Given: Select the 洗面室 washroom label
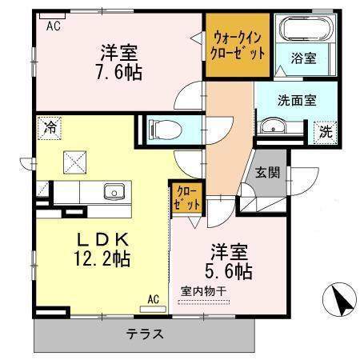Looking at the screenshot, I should [x=298, y=102].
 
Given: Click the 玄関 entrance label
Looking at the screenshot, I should [x=267, y=172].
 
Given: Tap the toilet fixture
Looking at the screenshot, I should [x=161, y=126].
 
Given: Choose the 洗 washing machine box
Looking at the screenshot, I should [x=326, y=130].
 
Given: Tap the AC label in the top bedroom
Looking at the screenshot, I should [x=54, y=26].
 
